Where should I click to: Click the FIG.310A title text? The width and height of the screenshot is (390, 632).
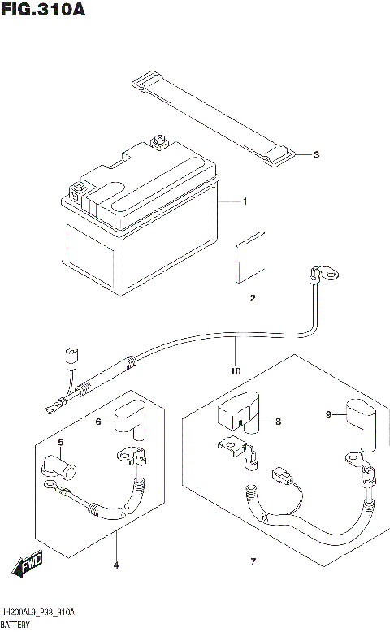pos(43,9)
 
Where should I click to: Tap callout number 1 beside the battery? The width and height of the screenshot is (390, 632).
pos(245,201)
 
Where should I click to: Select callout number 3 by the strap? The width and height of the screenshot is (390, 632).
pos(317,154)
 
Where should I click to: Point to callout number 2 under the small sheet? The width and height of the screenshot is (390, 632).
pos(253,298)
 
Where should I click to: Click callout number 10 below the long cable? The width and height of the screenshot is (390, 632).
pos(236,371)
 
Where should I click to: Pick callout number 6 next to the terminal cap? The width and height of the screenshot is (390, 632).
pos(98,422)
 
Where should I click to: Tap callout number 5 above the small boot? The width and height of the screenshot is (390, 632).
pos(60,443)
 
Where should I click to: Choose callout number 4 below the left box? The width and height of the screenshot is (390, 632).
pos(116,565)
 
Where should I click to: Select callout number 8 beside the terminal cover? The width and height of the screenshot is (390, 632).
pos(279,422)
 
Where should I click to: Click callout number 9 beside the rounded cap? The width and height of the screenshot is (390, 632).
pos(328,414)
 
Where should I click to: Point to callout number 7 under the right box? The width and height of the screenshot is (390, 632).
pos(253,561)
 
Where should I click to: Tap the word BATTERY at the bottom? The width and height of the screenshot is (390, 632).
pos(15,625)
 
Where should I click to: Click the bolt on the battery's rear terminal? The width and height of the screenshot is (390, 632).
pos(158,142)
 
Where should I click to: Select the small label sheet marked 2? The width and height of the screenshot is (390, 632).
pos(250,257)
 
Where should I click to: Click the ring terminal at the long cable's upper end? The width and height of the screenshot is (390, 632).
pos(325,274)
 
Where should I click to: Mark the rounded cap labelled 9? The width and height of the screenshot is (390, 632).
pos(361,424)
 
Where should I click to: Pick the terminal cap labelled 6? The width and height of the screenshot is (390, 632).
pos(130,420)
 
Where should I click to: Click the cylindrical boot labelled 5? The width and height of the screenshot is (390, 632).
pos(58,467)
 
